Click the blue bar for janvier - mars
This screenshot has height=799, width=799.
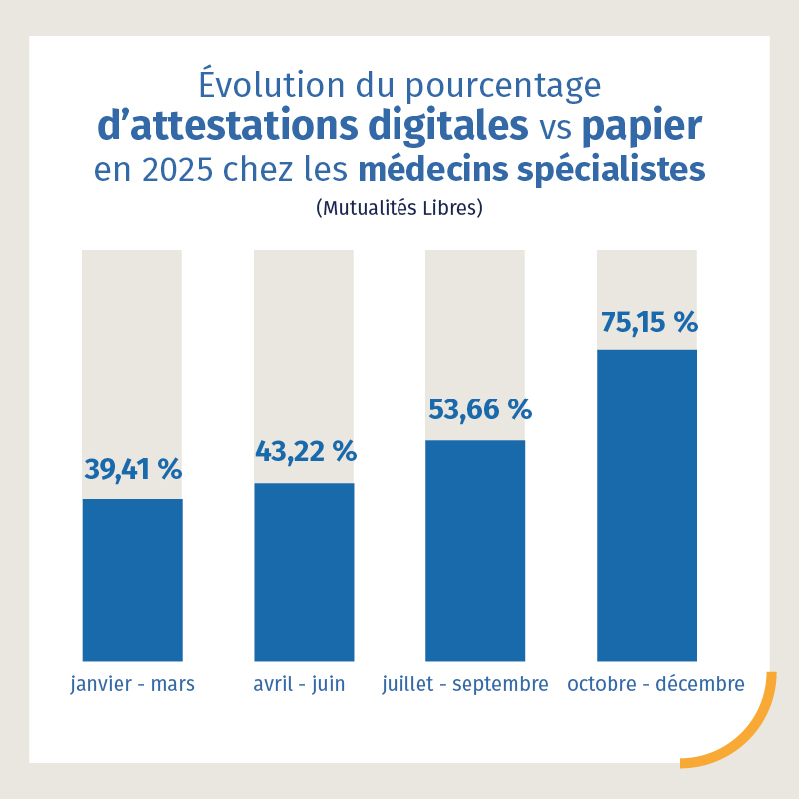click(x=132, y=579)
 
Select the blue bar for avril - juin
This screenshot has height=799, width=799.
click(x=304, y=571)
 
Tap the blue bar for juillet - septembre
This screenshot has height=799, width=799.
click(x=475, y=550)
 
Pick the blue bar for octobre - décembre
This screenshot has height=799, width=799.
click(x=647, y=504)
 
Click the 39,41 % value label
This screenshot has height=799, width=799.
click(x=132, y=469)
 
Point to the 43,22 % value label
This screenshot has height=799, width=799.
click(x=305, y=451)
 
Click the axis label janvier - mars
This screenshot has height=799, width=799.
click(x=132, y=685)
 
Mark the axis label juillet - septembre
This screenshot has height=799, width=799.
click(x=466, y=685)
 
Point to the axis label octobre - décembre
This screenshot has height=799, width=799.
click(x=656, y=685)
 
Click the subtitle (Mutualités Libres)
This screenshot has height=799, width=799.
click(x=399, y=208)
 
